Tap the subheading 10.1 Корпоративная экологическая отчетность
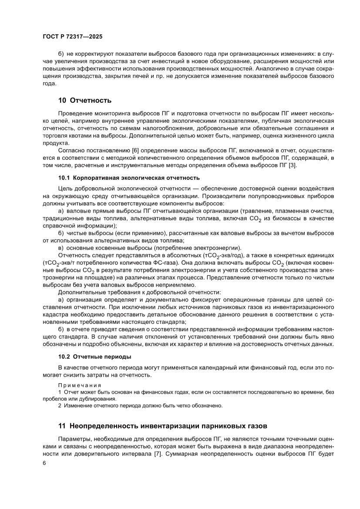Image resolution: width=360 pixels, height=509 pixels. click(129, 178)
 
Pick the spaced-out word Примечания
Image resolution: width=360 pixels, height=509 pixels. click(80, 385)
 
